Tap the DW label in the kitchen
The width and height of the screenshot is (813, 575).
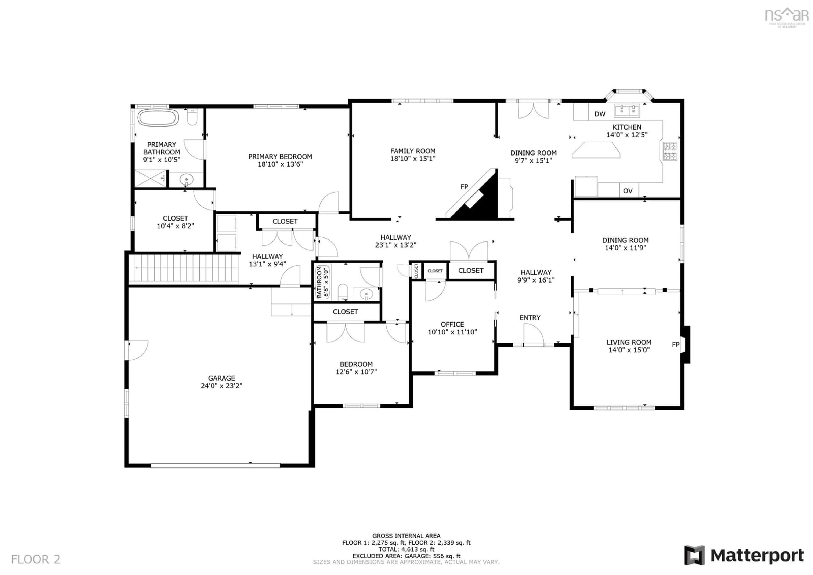tap(600, 114)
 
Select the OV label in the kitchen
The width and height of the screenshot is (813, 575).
tap(628, 191)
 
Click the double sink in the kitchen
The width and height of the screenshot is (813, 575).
tap(627, 110)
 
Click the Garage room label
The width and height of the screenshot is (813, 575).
tap(221, 378)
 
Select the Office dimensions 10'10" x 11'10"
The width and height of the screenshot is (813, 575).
tap(452, 332)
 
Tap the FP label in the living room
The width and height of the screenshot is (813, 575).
tap(676, 345)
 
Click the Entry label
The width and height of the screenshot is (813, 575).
tap(530, 318)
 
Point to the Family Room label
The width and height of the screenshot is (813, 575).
tap(413, 151)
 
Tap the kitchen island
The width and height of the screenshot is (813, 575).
tap(596, 150)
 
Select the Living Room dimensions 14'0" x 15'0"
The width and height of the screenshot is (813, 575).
tap(629, 350)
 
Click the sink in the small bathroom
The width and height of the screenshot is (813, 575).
tap(366, 294)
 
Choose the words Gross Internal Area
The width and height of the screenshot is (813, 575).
tap(406, 536)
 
